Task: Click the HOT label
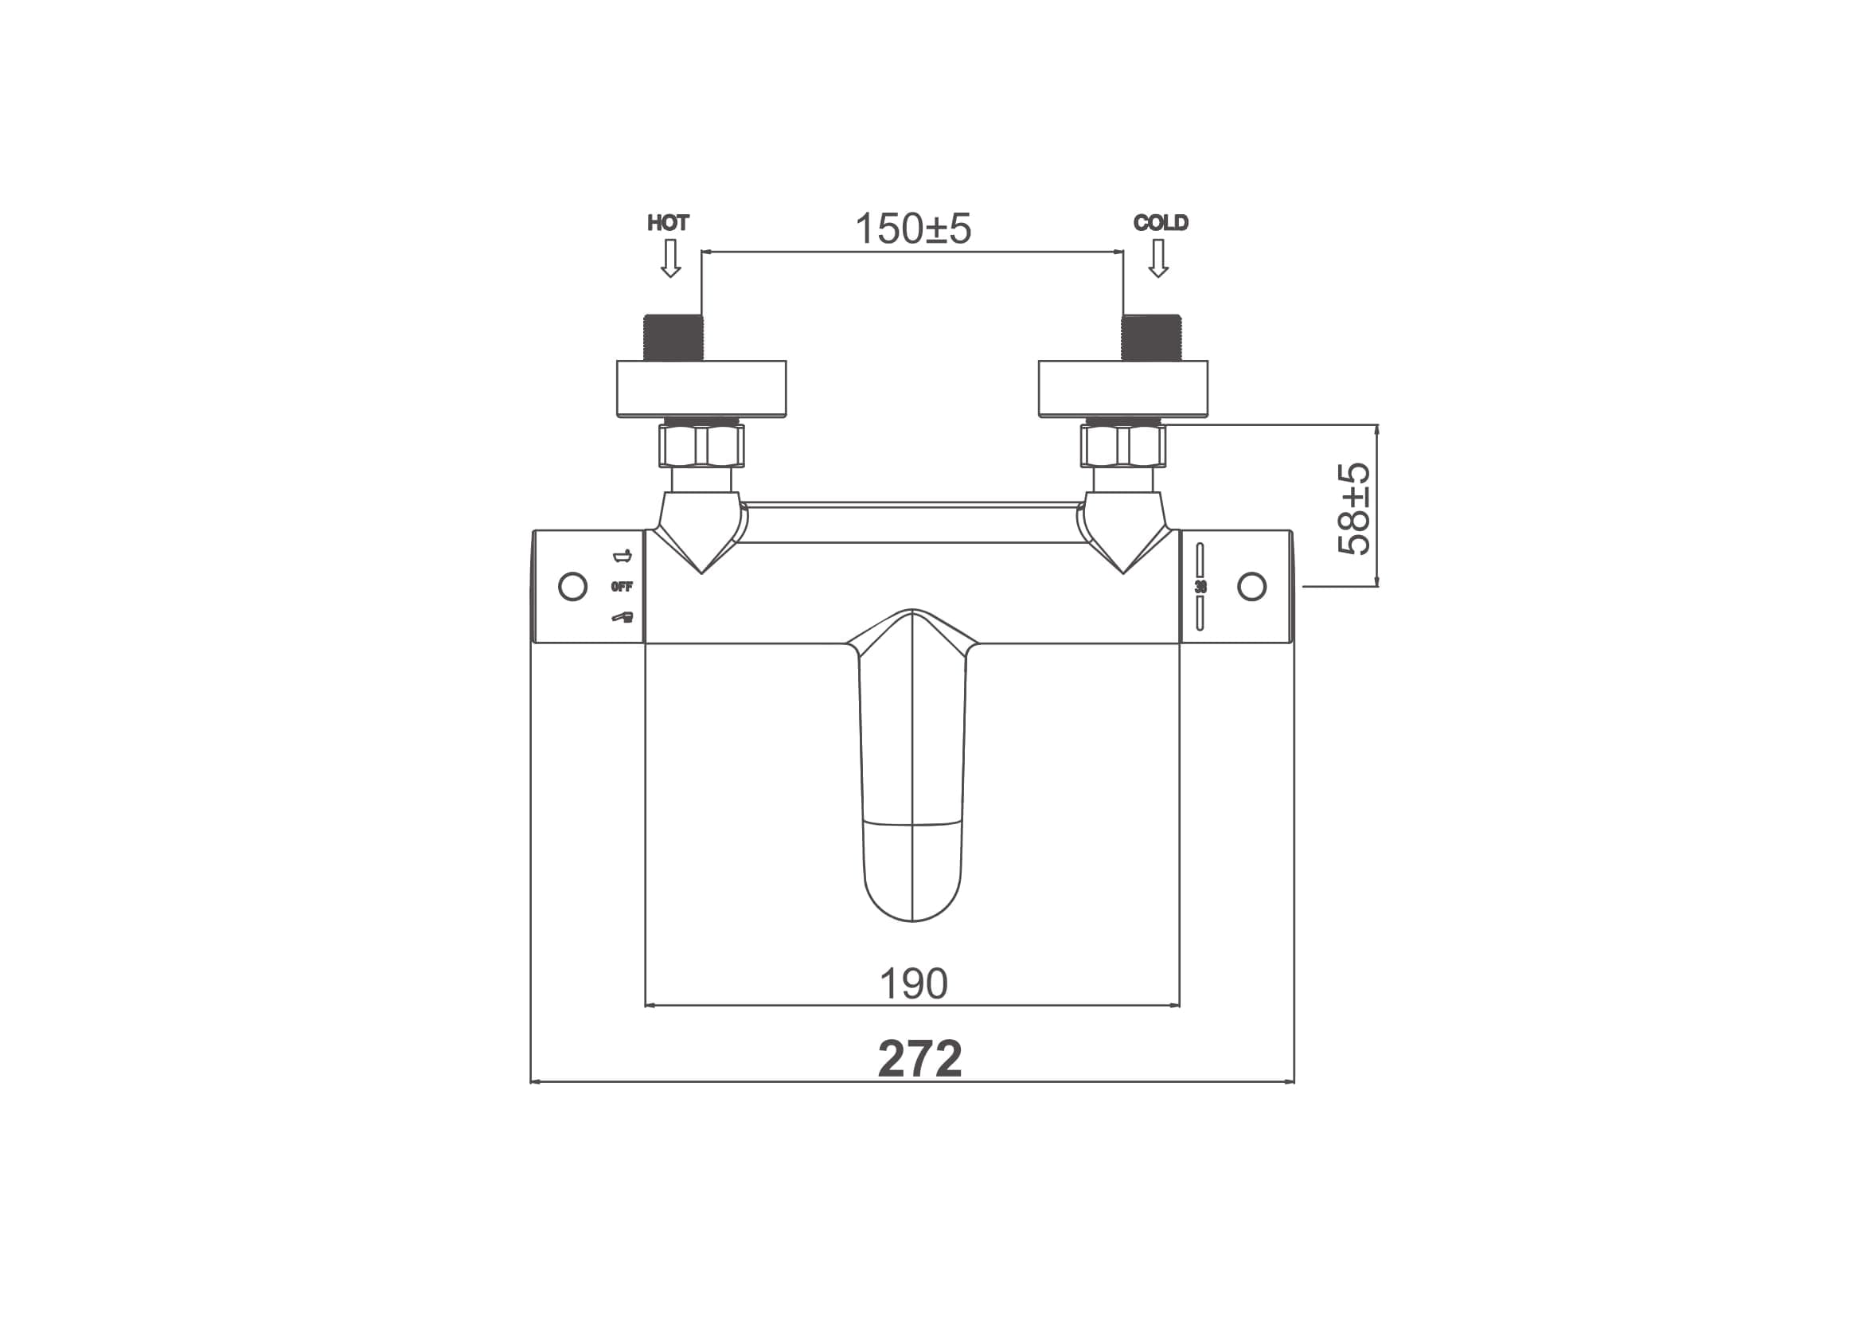pos(668,223)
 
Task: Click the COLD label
pos(1161,223)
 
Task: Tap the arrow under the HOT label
pos(670,259)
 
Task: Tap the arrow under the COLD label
pos(1158,259)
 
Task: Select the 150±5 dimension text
pos(913,229)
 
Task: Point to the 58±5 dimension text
pos(1353,509)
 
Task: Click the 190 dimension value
pos(913,983)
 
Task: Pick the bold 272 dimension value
pos(919,1058)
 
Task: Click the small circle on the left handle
pos(573,586)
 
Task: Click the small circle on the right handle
pos(1252,586)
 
